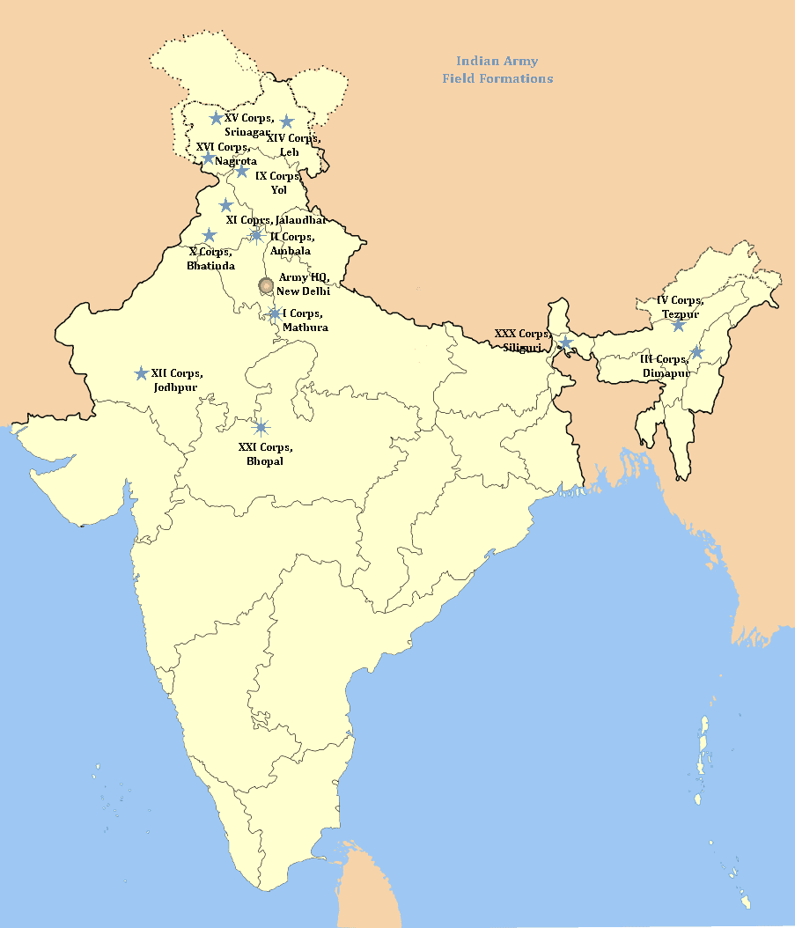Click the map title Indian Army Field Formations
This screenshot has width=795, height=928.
497,70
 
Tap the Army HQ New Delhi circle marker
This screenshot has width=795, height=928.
267,284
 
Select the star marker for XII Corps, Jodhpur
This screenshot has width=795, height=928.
141,373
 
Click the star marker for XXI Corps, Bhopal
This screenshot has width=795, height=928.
261,427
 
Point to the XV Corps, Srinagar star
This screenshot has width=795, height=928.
216,117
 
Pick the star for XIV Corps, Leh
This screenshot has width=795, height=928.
286,121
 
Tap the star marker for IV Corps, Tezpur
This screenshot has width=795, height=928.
678,325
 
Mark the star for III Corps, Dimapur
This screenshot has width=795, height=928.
696,352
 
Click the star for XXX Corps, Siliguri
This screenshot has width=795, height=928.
565,342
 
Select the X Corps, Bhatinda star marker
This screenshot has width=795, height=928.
210,235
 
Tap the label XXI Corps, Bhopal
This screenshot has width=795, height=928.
265,454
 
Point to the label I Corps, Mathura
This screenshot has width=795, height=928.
304,320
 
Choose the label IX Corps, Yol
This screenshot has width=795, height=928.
278,182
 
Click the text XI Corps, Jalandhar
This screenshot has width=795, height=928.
276,219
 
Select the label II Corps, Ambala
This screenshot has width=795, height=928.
291,243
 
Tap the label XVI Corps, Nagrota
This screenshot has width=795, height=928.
227,154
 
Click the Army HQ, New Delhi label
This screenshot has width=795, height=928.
303,284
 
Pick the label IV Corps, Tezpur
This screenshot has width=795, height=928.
680,307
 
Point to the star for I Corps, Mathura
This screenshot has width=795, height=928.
275,313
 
